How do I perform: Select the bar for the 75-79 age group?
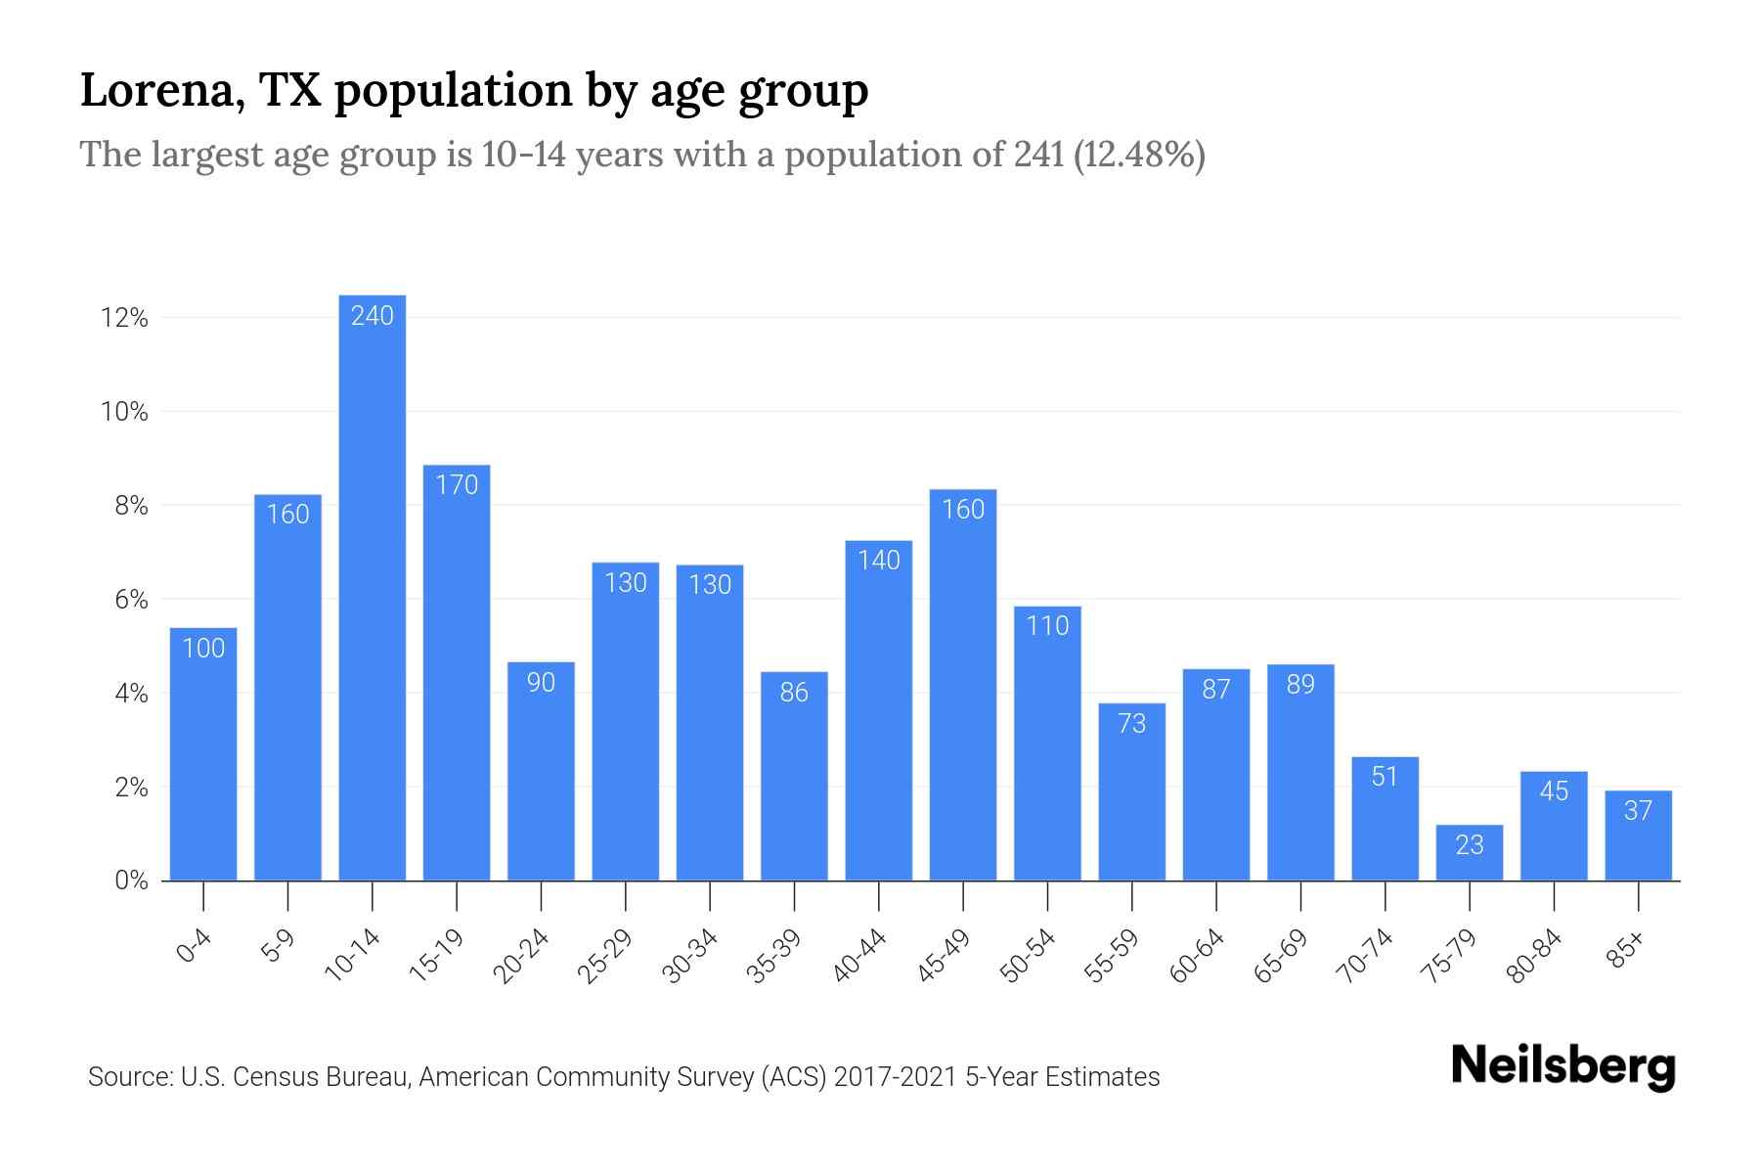pos(1469,854)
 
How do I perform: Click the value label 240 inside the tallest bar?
pos(373,315)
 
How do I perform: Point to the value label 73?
pos(1131,724)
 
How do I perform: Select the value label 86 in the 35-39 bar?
pos(794,693)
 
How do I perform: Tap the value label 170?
pos(457,484)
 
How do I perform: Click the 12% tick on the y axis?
pos(124,318)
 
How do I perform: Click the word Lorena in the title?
pos(161,91)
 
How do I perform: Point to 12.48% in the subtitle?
pos(1139,155)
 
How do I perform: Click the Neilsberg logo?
pos(1562,1066)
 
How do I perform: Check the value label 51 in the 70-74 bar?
pos(1385,777)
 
